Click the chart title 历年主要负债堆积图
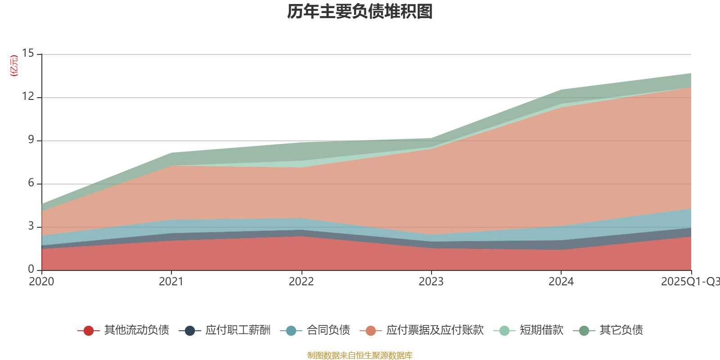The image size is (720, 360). [x=360, y=12]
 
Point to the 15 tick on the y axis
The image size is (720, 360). [x=28, y=54]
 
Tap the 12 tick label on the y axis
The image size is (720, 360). [x=28, y=97]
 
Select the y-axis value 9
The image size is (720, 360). [x=31, y=140]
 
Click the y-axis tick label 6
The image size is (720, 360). [x=31, y=183]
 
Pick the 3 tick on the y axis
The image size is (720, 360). [x=31, y=226]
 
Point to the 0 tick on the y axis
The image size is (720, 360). [x=31, y=270]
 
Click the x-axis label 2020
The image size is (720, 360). [x=41, y=282]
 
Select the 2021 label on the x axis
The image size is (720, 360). [x=171, y=282]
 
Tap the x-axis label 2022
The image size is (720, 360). [x=301, y=282]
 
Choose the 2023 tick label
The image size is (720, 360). [x=431, y=282]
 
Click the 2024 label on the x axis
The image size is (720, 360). [x=561, y=282]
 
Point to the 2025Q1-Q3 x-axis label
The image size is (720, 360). [x=690, y=282]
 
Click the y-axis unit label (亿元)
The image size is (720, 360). [x=14, y=66]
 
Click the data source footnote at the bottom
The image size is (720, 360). [x=360, y=355]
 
